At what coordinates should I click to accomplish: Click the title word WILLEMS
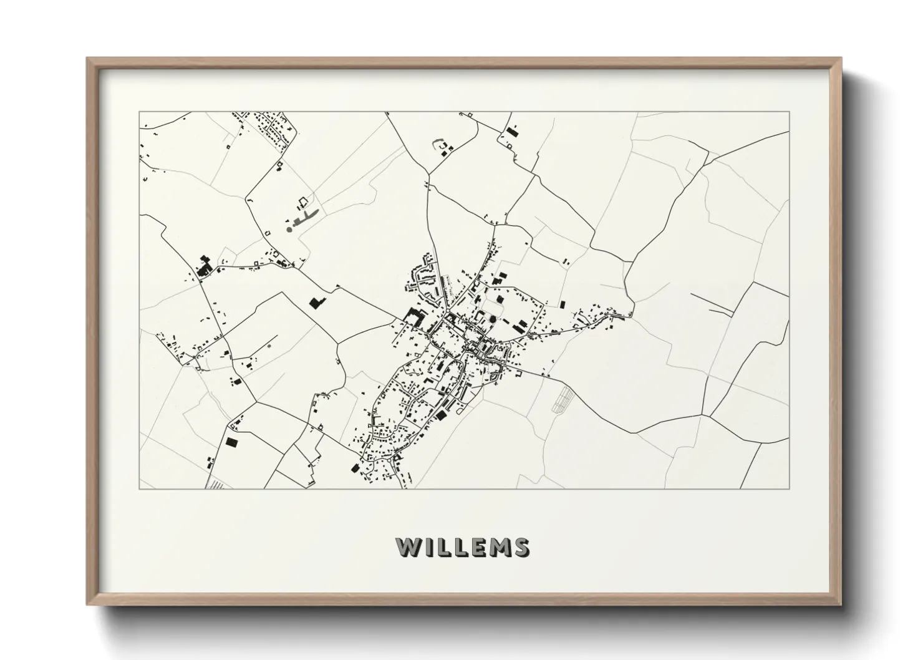tap(463, 547)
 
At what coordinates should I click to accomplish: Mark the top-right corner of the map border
tap(789, 112)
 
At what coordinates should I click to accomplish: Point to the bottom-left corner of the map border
tap(140, 488)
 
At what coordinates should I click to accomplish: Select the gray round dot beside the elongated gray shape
tap(289, 230)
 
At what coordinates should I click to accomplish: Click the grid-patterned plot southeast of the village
tap(563, 399)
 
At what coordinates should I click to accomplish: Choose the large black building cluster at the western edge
tap(203, 268)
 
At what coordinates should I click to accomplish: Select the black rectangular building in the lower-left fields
tap(231, 442)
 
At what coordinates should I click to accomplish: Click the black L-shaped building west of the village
tap(316, 303)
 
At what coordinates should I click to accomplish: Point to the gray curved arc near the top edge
tap(436, 143)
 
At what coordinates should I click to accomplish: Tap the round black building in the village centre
tap(493, 320)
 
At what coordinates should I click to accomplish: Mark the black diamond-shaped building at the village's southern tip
tap(355, 468)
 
